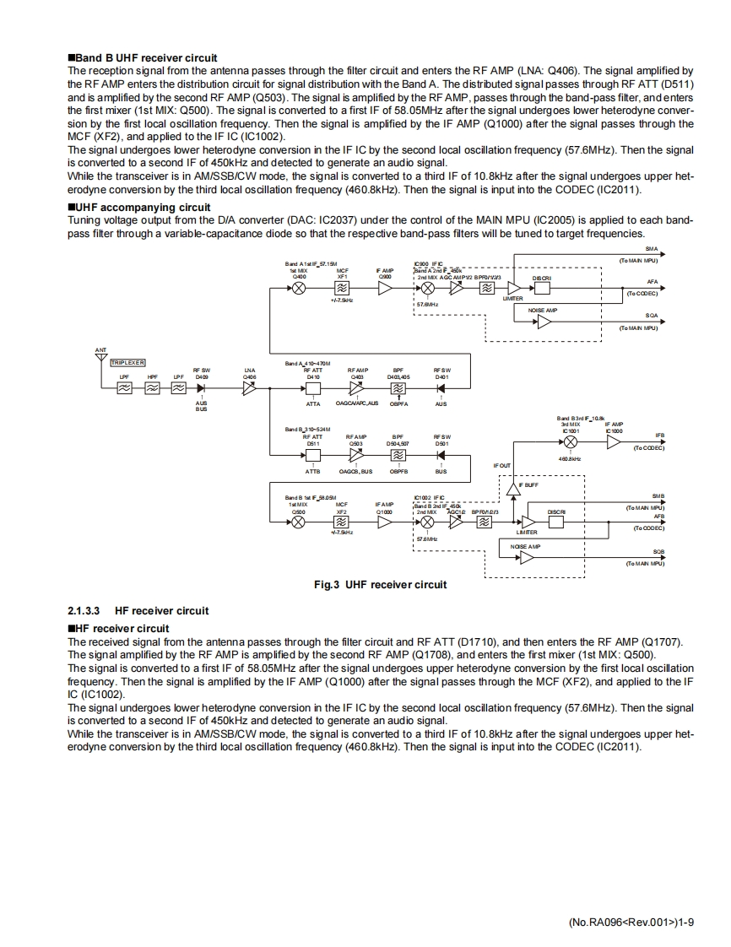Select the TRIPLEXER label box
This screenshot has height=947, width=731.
[127, 362]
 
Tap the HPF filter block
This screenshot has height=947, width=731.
[152, 388]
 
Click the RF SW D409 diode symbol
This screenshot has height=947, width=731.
[202, 388]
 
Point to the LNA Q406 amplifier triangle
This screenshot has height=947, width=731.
[249, 388]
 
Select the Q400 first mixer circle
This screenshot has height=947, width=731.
[299, 288]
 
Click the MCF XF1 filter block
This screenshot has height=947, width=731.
[342, 288]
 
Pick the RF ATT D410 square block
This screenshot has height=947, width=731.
[313, 388]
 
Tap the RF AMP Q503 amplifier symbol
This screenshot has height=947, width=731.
[356, 456]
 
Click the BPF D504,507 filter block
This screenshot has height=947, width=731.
[398, 456]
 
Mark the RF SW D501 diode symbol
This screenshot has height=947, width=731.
[441, 456]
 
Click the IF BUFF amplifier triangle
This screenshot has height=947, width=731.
[512, 488]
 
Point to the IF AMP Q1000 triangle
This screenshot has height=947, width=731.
[384, 522]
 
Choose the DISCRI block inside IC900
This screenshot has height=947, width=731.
[542, 288]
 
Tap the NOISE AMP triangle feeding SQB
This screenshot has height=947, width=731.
[526, 557]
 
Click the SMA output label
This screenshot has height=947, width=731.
[651, 249]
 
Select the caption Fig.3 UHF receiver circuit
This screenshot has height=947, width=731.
[379, 584]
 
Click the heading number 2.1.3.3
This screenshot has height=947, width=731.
[84, 610]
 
